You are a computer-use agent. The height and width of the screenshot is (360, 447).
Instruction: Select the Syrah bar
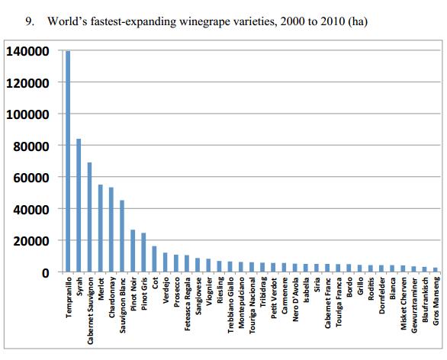coord(79,205)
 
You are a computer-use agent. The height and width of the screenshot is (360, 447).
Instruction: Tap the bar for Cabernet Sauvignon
coord(89,217)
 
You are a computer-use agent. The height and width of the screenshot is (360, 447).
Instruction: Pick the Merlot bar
coord(100,228)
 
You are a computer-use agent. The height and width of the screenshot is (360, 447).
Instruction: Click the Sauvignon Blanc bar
coord(121,236)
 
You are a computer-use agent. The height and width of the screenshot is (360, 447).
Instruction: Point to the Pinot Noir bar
coord(132,251)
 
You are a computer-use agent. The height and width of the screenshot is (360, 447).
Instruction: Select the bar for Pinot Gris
coord(143,252)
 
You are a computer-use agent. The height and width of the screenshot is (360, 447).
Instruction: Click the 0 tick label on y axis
coord(45,272)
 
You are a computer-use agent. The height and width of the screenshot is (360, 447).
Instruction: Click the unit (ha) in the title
coord(357,21)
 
